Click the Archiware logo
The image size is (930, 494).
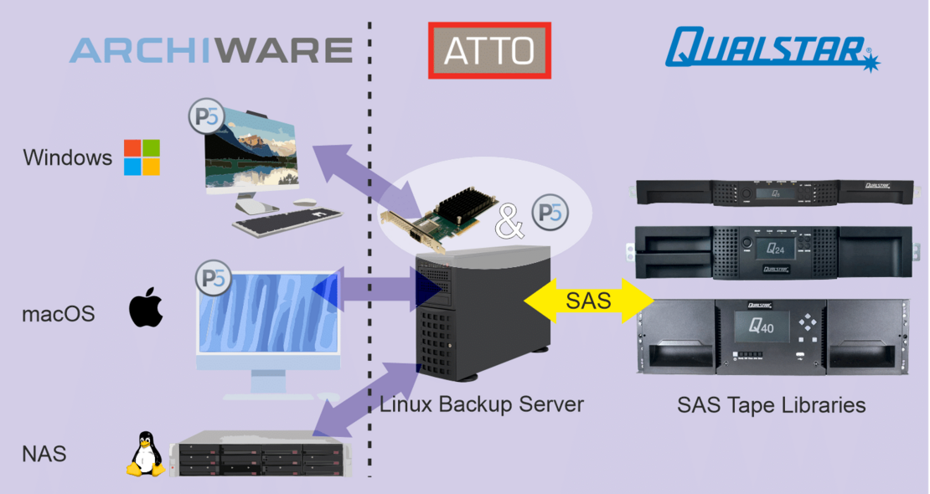pos(210,50)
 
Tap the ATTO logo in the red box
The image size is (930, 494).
pos(489,51)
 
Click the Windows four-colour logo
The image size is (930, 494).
pos(142,157)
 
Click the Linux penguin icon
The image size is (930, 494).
pos(146,455)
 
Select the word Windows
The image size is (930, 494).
pos(67,157)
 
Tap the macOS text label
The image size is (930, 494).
pos(59,314)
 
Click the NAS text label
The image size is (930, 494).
pos(44,455)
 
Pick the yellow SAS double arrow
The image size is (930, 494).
pos(589,301)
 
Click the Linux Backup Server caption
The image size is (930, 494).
pos(482,404)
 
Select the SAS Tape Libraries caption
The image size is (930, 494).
pos(771,405)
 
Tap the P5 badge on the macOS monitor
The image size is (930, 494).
pos(212,277)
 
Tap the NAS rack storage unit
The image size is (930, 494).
pos(259,457)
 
